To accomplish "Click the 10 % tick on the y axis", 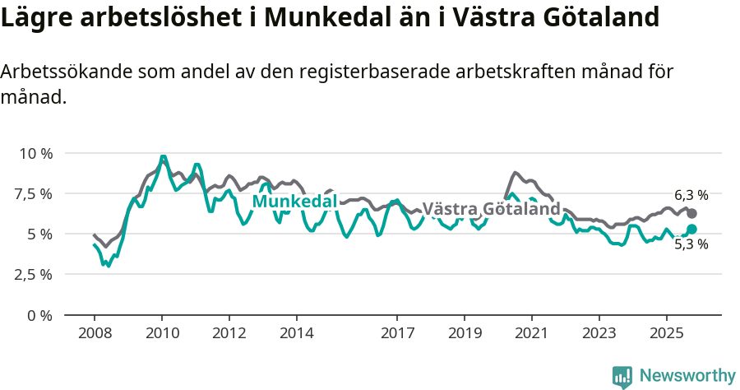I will click(36, 153).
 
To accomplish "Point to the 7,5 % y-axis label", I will click(35, 193).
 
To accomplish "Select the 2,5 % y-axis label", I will click(35, 274).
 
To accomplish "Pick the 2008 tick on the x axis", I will click(95, 335).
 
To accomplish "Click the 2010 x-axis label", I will click(162, 335).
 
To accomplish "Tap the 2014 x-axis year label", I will click(296, 335).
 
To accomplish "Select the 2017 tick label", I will click(397, 335).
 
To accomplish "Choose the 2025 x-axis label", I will click(666, 335).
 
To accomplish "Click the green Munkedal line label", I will click(294, 202).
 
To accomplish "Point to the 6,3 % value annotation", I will click(691, 195).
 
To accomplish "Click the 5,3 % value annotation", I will click(691, 244).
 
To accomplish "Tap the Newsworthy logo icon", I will click(622, 376).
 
